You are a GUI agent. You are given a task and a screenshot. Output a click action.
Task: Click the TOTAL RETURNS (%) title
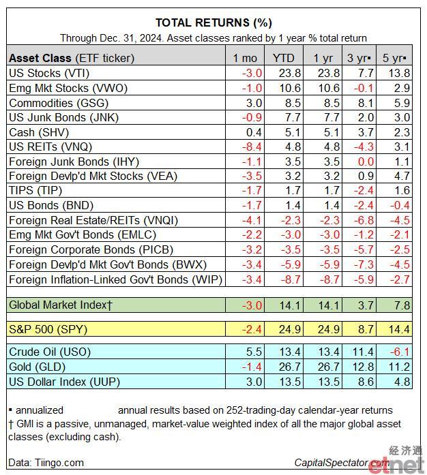213,22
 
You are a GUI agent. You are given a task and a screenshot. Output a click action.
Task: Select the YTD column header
283,58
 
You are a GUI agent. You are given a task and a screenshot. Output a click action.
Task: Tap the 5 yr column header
394,58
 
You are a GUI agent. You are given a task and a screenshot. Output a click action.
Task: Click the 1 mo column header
245,58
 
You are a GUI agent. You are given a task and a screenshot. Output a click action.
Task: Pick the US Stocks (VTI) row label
49,74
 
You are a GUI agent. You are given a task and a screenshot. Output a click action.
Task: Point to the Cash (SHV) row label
39,132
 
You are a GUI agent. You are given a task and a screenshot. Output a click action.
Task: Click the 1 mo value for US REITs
252,147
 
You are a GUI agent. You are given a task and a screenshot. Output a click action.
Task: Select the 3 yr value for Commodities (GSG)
366,103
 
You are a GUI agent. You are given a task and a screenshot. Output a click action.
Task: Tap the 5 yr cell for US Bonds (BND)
400,205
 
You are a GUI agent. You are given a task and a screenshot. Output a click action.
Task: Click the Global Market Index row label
61,305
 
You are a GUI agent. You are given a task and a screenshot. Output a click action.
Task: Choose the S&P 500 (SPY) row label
48,329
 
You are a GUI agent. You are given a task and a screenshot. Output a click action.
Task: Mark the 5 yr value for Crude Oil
400,352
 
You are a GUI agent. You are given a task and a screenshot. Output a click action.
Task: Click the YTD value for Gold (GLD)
290,367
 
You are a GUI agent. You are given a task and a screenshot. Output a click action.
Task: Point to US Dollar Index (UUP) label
64,382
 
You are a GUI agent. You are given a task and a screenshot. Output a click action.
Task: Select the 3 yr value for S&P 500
366,329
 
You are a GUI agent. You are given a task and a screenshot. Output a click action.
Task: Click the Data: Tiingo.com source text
46,463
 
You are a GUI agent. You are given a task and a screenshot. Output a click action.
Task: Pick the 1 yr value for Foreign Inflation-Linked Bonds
329,279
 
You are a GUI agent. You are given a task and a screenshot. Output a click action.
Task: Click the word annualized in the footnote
40,410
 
